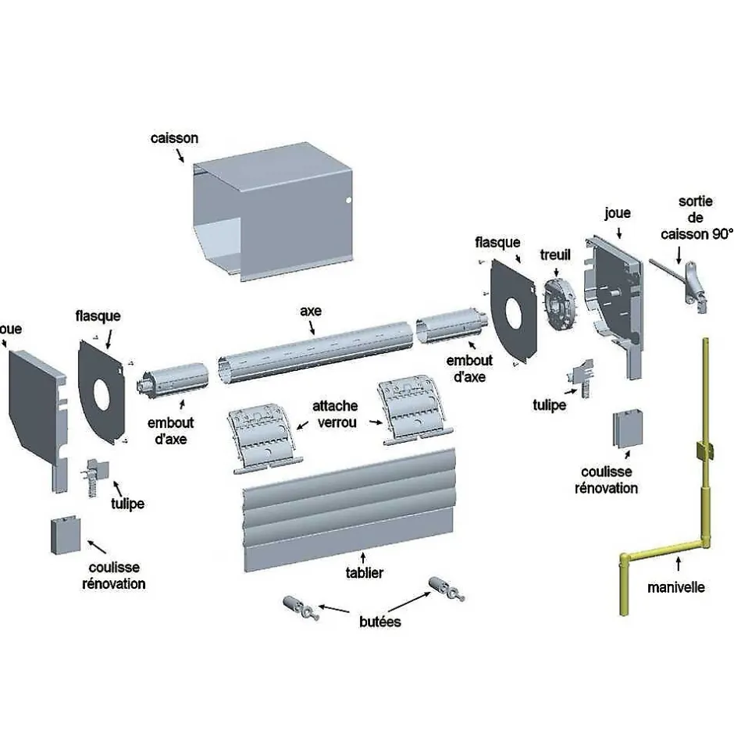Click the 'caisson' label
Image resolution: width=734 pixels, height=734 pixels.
(174, 138)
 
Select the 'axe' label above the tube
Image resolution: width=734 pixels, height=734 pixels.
(310, 311)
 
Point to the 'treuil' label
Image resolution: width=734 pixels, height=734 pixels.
(555, 255)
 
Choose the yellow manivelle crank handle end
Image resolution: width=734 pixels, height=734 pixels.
(625, 586)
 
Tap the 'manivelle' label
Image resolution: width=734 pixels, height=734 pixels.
(675, 587)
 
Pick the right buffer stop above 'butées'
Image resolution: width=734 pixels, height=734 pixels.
(444, 587)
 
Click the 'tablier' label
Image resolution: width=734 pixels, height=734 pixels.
(364, 573)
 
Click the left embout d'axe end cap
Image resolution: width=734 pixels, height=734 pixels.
(173, 379)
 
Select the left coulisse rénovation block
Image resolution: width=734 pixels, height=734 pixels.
(65, 535)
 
